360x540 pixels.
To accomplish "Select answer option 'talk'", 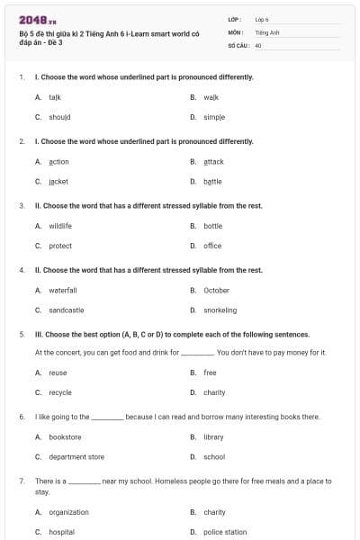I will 55,96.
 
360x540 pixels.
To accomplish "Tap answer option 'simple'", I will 214,117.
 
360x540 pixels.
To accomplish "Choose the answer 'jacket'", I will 58,181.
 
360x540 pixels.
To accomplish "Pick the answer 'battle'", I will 213,181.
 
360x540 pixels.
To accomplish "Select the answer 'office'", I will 212,246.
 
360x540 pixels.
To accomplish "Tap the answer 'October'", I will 216,290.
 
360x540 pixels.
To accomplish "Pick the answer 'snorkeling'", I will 220,310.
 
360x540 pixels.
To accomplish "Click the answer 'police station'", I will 225,532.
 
